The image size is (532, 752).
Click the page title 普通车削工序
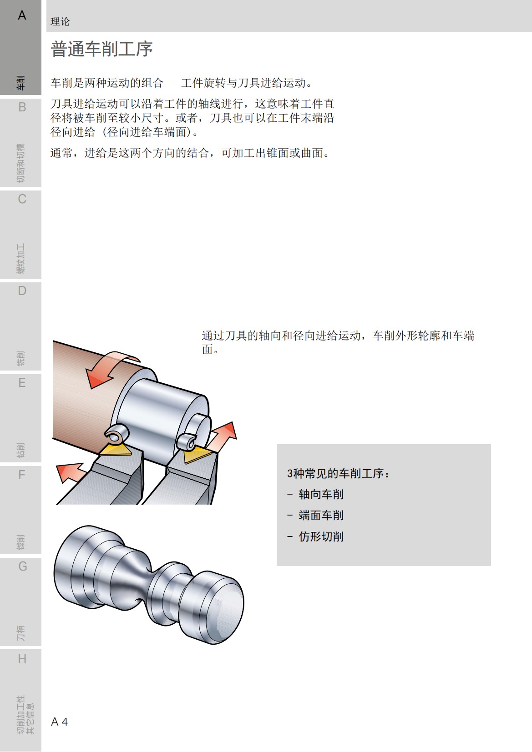click(101, 49)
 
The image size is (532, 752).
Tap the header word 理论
click(60, 21)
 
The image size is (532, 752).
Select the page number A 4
click(60, 722)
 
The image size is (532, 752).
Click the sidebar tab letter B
click(22, 107)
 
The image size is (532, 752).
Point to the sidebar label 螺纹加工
click(21, 259)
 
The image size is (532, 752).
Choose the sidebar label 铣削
click(21, 358)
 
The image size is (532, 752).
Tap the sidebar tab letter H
click(22, 659)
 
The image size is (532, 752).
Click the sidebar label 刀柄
click(21, 633)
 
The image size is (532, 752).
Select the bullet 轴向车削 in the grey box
click(321, 494)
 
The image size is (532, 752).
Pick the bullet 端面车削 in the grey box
click(321, 515)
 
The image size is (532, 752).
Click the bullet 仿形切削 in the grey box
click(321, 536)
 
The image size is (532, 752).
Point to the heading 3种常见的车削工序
click(338, 473)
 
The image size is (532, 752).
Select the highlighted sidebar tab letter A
click(22, 15)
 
